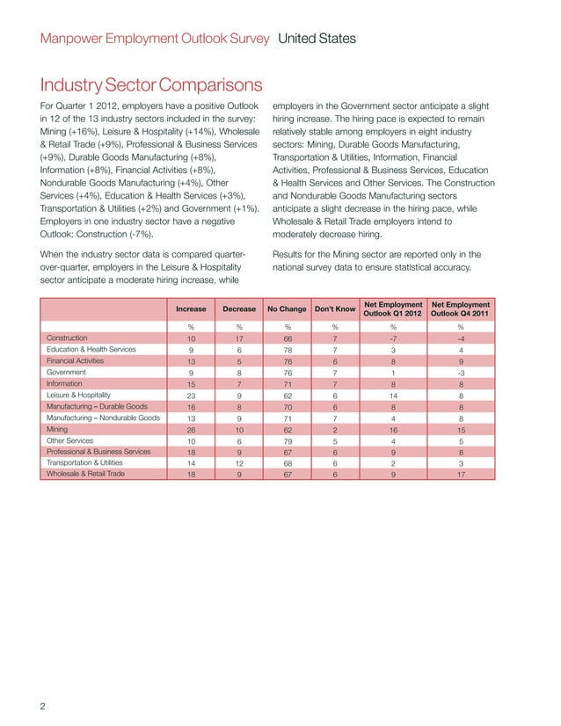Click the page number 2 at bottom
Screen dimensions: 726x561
[44, 707]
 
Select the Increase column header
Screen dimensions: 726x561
[191, 309]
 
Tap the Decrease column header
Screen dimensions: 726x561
[239, 309]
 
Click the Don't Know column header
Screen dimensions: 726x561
[334, 309]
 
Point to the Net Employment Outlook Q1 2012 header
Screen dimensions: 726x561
[393, 309]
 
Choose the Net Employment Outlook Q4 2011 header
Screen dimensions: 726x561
[460, 309]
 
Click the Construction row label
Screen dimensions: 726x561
[71, 338]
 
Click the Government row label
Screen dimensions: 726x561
[69, 372]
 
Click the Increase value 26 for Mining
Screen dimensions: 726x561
[191, 429]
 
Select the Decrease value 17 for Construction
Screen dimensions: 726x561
[239, 338]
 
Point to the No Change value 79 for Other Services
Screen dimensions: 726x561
[287, 440]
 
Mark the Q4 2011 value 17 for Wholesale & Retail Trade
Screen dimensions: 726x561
[460, 475]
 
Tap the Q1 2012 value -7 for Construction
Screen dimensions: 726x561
[393, 338]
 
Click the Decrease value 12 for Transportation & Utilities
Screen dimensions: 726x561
[239, 463]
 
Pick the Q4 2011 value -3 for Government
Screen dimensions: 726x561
[460, 373]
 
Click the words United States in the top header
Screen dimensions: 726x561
[317, 39]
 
